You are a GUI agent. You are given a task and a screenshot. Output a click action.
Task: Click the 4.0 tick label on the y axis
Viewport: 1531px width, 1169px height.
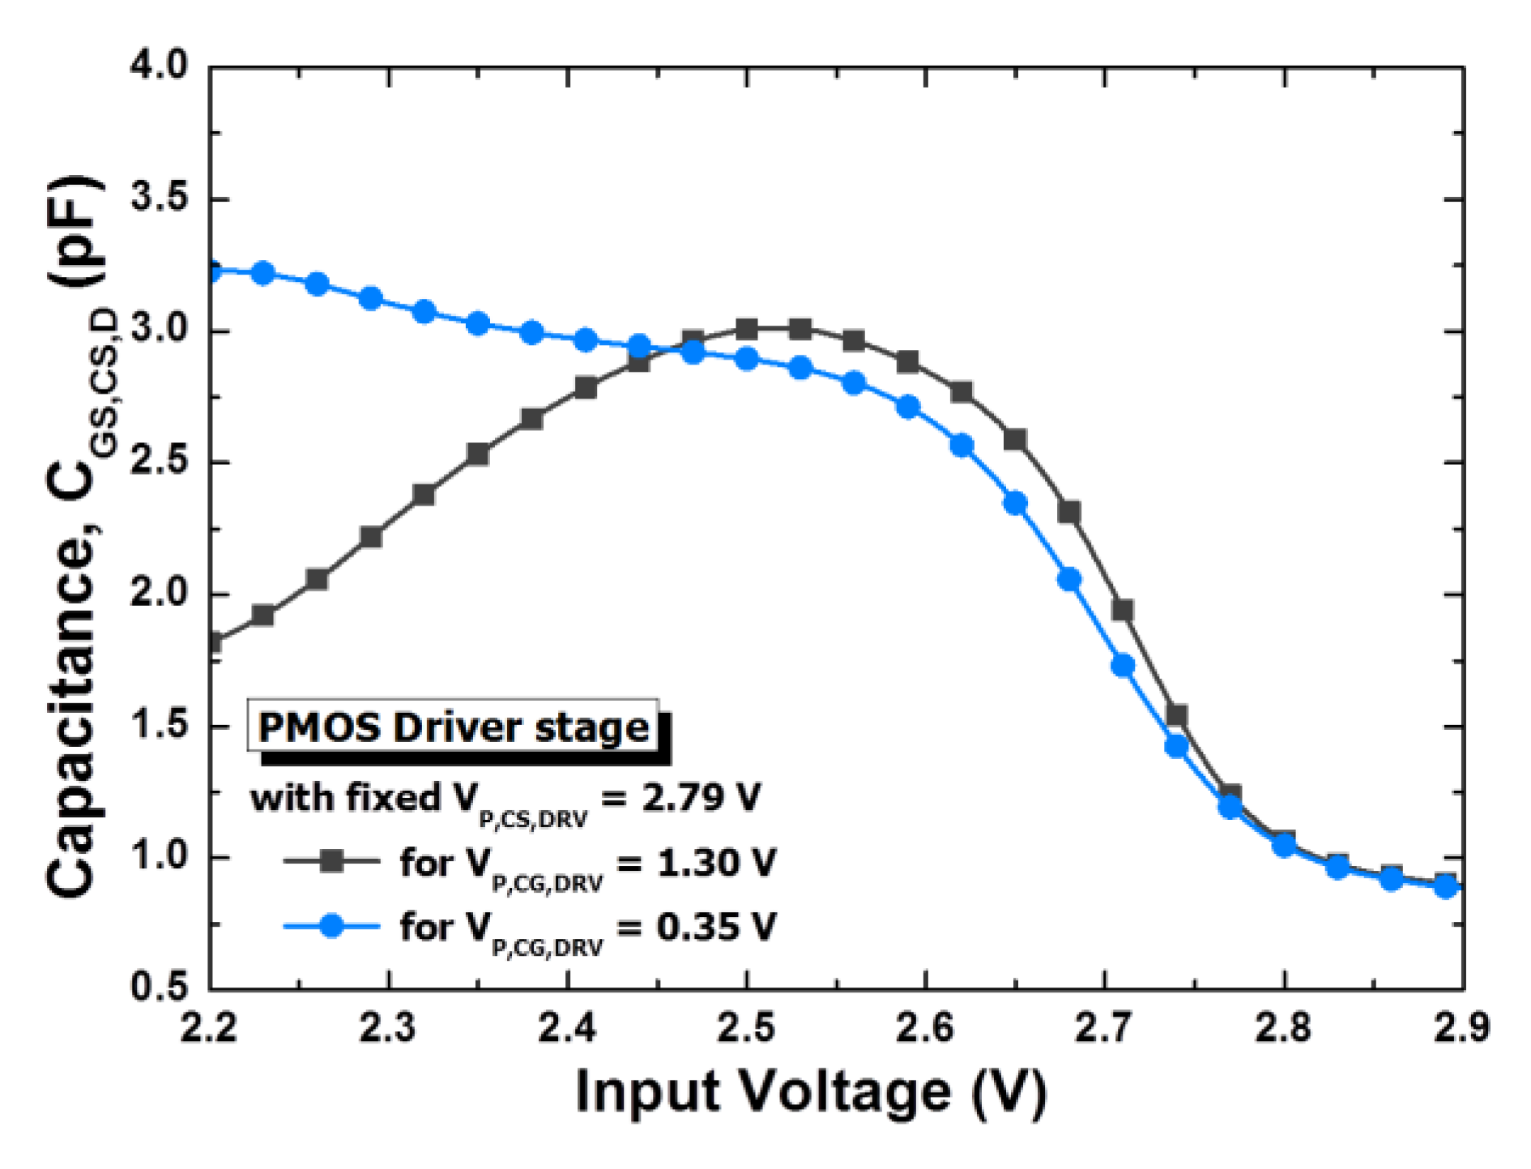(159, 65)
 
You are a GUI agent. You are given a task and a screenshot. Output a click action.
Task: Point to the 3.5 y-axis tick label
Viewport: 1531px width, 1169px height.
(159, 198)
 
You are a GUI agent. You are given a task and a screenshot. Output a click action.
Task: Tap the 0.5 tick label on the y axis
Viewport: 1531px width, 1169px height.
(159, 988)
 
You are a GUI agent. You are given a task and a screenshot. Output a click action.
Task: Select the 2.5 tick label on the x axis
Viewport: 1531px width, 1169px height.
(746, 1028)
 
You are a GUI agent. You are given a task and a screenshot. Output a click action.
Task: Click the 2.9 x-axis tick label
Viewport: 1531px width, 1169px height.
(1461, 1028)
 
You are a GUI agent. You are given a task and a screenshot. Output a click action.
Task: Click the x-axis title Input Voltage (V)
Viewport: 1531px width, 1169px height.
(811, 1092)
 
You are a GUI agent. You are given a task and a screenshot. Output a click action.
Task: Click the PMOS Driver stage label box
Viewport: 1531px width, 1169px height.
(454, 727)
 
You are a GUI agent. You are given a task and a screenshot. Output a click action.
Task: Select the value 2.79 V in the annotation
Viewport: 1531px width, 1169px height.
(702, 797)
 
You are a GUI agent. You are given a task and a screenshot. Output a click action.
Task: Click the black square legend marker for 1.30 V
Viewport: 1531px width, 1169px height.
(331, 861)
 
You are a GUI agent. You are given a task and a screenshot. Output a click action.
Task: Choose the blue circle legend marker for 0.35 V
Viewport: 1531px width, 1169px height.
(331, 925)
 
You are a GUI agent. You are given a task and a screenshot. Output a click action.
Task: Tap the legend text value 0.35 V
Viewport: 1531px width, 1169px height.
(716, 925)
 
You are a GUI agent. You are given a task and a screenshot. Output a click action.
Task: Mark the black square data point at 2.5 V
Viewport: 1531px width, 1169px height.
(747, 329)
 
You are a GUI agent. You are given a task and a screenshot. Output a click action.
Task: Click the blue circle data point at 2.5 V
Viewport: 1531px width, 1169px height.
(747, 359)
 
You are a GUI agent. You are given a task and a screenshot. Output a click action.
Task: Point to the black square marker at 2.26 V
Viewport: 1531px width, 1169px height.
(317, 579)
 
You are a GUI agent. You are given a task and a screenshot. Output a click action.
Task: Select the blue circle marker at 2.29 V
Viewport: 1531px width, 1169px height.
(370, 298)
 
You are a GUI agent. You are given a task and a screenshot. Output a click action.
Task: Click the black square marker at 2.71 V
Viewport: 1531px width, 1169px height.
(1122, 609)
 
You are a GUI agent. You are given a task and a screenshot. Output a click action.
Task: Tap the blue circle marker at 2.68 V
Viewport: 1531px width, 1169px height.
(1069, 579)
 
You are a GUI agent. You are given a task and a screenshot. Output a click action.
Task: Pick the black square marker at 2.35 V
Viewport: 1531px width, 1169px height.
(478, 454)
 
